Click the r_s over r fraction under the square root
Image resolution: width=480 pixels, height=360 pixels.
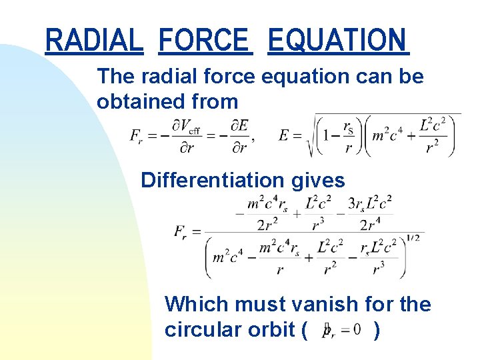[x=348, y=137]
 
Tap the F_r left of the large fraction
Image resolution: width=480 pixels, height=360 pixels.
[x=181, y=232]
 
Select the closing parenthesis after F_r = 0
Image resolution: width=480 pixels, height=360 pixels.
[x=377, y=329]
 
